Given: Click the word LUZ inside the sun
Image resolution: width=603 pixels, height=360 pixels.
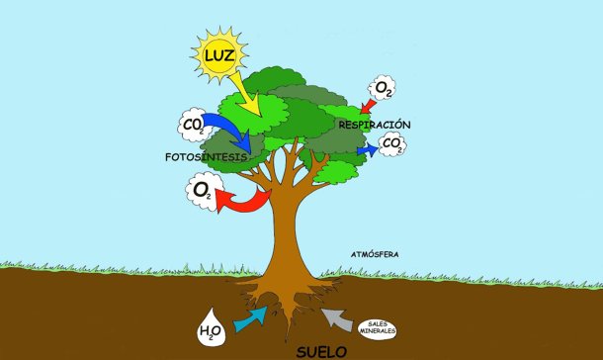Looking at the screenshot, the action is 219,55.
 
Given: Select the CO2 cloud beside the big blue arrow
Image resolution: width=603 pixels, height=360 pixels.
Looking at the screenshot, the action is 195,125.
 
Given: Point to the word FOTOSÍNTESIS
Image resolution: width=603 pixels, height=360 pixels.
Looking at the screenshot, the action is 206,157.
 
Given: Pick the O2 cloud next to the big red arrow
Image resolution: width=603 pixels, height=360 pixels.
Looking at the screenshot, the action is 204,191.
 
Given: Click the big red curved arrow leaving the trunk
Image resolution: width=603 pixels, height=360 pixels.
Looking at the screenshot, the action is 243,199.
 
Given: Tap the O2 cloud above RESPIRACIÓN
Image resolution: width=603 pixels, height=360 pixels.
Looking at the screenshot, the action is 383,88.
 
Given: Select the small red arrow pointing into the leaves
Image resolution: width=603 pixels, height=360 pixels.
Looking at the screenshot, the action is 369,106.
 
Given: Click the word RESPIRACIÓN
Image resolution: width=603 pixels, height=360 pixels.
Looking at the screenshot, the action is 375,125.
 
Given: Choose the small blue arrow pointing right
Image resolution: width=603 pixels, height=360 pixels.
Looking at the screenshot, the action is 368,149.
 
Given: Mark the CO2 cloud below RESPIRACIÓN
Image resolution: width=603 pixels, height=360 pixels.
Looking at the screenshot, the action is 392,144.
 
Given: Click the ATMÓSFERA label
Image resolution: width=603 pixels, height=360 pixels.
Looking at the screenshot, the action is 375,254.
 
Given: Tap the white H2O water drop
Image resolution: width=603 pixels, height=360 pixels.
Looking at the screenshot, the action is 212,327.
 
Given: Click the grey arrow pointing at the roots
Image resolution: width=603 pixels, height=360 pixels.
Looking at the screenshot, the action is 337,319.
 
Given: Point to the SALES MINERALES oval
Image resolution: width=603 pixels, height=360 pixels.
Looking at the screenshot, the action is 378,328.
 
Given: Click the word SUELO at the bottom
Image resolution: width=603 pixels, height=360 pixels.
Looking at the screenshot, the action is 322,352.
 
